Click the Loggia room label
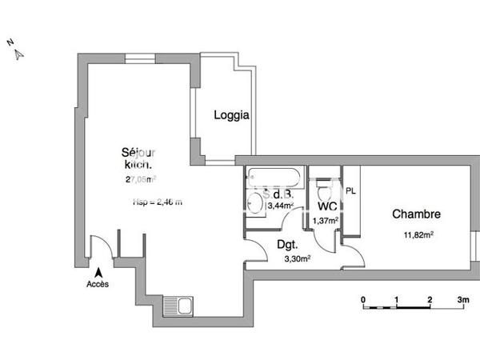click(x=231, y=115)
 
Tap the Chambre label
click(x=416, y=214)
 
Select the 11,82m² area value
click(x=419, y=234)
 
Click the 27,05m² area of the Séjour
click(x=139, y=180)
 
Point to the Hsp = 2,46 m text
click(x=157, y=202)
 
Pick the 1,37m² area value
click(x=326, y=221)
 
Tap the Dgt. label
click(x=288, y=246)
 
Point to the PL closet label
click(x=350, y=191)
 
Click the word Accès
click(x=98, y=285)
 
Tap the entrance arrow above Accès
click(x=98, y=272)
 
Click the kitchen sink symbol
click(x=178, y=305)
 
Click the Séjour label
click(x=138, y=152)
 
